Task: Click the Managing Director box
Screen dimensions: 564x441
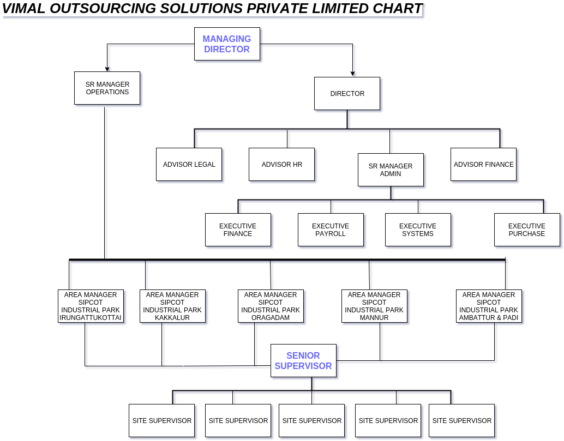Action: (227, 44)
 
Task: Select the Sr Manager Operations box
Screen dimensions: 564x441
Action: (107, 88)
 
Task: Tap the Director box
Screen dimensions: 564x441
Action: (347, 93)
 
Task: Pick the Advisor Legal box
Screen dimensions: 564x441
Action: (189, 164)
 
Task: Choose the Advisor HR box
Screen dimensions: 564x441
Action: (281, 164)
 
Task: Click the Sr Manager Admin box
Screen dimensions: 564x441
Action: (391, 170)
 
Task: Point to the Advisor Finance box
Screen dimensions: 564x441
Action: (483, 164)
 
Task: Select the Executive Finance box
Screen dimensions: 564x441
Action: (238, 229)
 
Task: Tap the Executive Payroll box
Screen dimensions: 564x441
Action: (331, 229)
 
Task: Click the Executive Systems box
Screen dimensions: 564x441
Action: (418, 229)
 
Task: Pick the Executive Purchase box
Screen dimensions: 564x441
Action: (527, 229)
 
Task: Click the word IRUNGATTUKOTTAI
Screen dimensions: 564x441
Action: (91, 318)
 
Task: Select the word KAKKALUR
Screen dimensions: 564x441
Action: (172, 318)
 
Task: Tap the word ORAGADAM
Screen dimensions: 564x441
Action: (271, 318)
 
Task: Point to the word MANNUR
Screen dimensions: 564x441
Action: (374, 318)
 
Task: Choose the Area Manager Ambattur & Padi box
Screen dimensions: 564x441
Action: (489, 306)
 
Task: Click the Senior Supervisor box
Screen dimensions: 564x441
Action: (304, 360)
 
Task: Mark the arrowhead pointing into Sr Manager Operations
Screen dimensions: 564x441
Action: (107, 69)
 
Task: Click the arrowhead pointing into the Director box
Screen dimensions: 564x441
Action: (352, 74)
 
